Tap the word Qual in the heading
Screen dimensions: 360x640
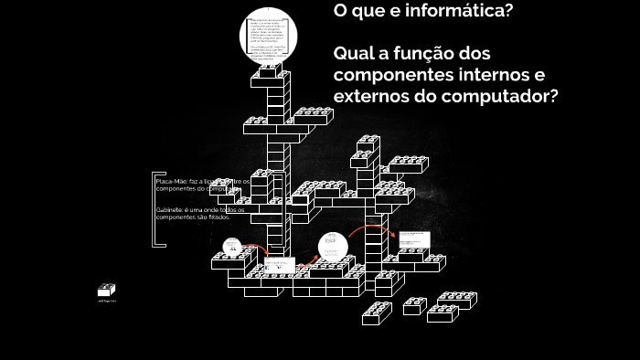coord(357,53)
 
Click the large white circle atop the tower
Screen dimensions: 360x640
coord(270,37)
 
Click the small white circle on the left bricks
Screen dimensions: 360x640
coord(232,246)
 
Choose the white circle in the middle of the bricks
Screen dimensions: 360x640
coord(333,247)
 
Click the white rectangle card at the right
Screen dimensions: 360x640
coord(417,239)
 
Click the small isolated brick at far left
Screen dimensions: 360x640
coord(107,290)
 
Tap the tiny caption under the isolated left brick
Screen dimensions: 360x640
coord(107,301)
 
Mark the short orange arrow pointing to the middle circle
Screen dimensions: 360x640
coord(309,259)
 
